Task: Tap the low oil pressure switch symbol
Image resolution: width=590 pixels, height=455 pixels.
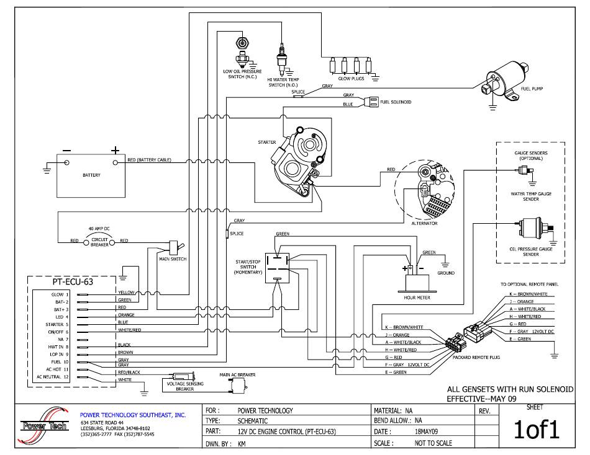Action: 241,52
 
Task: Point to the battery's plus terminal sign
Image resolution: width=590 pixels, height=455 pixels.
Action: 115,150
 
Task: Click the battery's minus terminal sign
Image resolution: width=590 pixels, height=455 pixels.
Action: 66,151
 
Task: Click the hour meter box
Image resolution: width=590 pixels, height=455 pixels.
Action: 417,281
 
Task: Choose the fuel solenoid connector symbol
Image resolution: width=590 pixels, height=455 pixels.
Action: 372,102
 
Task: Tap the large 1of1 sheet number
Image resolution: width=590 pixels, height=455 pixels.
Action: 533,430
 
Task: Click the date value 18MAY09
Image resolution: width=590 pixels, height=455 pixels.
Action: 426,431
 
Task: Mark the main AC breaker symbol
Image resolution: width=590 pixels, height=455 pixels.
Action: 235,387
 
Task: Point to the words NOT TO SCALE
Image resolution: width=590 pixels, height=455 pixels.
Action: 433,443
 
